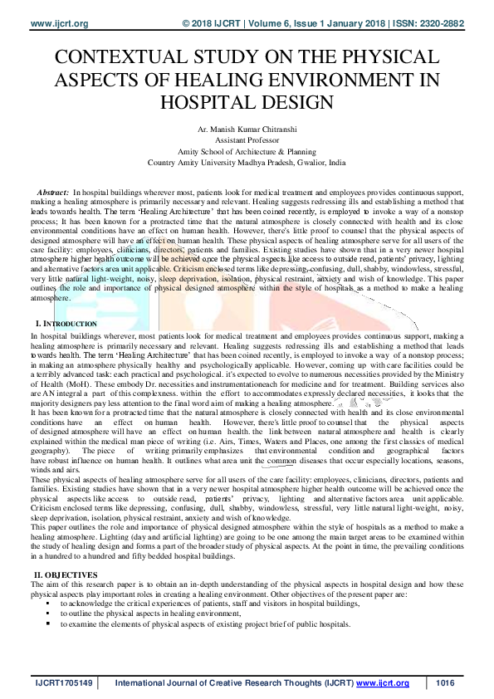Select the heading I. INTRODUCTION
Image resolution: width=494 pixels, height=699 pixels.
coord(66,321)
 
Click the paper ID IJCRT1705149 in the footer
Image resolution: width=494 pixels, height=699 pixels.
coord(62,683)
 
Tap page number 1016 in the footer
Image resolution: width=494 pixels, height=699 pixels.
coord(447,683)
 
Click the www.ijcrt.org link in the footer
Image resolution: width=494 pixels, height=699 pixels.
coord(383,683)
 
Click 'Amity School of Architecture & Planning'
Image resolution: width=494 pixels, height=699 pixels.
coord(247,153)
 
